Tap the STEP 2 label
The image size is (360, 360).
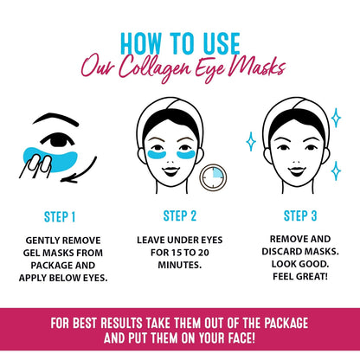pyautogui.click(x=180, y=215)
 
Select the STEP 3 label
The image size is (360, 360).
pyautogui.click(x=299, y=215)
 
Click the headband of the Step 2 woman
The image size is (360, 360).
pyautogui.click(x=180, y=111)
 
